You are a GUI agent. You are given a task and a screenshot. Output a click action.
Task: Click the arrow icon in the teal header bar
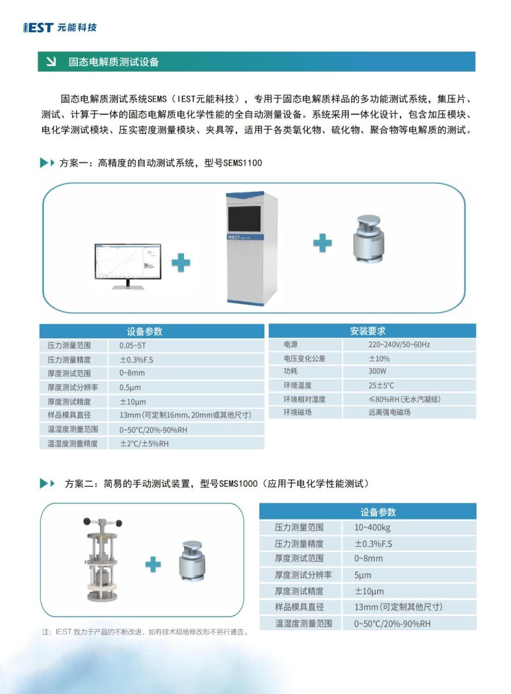click(49, 62)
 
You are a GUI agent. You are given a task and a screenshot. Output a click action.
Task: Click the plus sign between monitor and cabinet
click(181, 262)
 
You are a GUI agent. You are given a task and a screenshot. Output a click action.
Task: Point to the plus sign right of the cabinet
click(323, 242)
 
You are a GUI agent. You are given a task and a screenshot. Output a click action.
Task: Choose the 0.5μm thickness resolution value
click(130, 388)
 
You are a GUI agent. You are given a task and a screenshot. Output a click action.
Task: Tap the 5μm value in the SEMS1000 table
click(363, 575)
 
